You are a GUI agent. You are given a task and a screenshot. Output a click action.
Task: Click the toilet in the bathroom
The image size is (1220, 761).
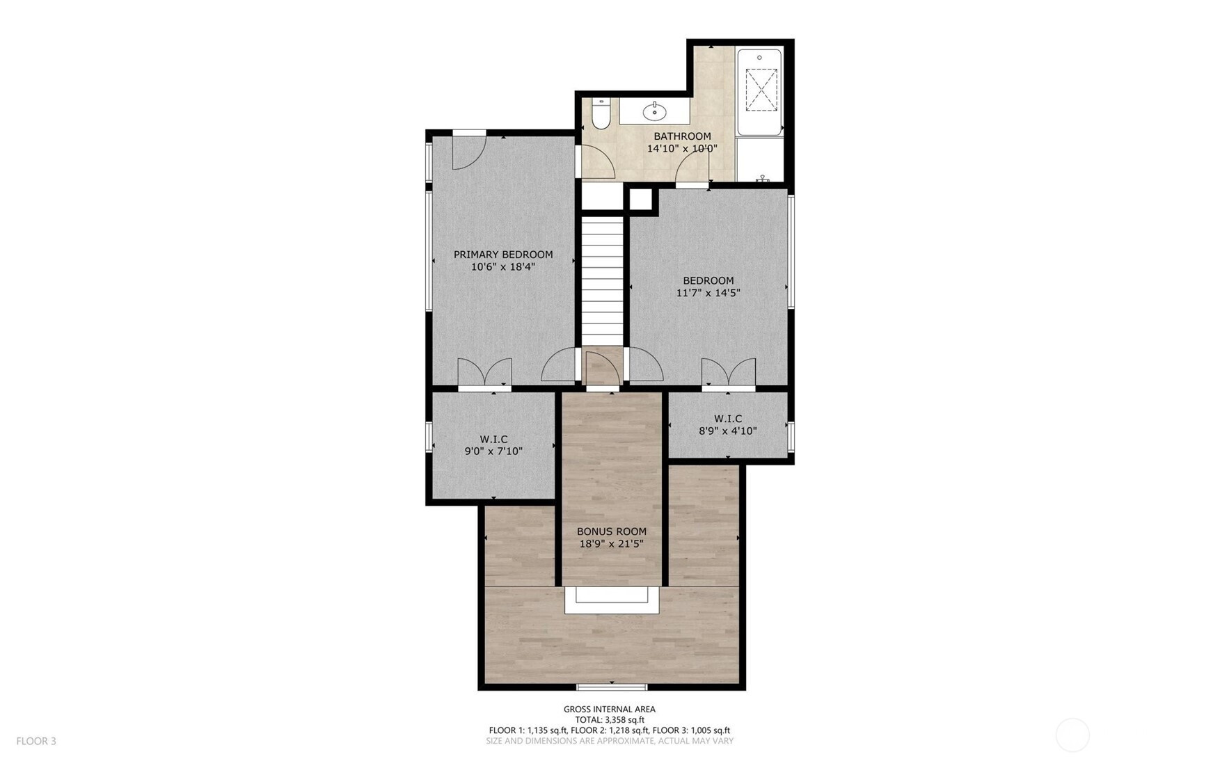tap(601, 113)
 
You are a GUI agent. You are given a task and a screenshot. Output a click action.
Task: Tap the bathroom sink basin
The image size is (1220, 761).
tap(655, 111)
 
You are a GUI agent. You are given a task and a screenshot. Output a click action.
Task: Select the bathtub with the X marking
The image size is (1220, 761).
tap(759, 91)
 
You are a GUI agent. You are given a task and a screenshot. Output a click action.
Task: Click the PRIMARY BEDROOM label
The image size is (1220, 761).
tap(503, 255)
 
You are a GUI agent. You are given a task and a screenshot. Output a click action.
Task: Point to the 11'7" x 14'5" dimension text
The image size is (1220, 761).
tap(708, 293)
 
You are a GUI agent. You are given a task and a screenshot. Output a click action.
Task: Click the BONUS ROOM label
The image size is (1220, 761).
tap(612, 531)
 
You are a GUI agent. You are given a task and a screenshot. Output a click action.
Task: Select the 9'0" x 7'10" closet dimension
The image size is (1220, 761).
tap(493, 451)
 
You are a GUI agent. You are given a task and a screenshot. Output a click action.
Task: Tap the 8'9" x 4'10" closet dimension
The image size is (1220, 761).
tap(728, 431)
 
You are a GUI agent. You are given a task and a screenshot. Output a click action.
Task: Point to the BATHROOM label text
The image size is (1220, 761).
tap(682, 136)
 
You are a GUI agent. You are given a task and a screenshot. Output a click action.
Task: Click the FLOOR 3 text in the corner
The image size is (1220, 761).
tap(36, 741)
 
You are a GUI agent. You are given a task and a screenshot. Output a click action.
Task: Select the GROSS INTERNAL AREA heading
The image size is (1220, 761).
tap(610, 710)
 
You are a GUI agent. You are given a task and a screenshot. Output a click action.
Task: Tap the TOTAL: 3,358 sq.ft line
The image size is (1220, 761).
tap(610, 720)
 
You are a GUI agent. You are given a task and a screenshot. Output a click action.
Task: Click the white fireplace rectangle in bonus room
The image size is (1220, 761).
tap(612, 600)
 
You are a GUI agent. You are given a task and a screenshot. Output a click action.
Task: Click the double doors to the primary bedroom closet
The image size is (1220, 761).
tap(484, 372)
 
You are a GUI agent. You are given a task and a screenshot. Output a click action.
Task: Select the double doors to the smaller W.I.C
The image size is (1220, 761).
tap(729, 372)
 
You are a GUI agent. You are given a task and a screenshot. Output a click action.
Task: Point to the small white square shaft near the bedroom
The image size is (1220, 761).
tap(644, 200)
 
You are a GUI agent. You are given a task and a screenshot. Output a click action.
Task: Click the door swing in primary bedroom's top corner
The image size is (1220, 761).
tap(468, 151)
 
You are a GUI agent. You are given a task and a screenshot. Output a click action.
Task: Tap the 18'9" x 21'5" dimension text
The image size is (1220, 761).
tap(612, 544)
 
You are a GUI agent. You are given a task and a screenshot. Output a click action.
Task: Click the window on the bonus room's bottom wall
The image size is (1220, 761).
tap(612, 687)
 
